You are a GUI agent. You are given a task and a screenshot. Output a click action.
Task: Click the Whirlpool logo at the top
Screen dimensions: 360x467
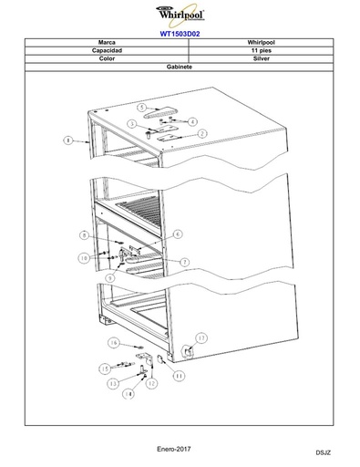(x=180, y=15)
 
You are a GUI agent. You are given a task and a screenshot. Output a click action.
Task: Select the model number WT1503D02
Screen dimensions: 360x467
(x=180, y=34)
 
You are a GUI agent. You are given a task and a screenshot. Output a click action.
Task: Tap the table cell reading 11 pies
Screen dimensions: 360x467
(x=261, y=50)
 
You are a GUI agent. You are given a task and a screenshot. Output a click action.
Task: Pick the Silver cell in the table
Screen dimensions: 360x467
(x=261, y=58)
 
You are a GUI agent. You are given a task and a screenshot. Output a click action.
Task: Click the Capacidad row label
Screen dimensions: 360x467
(x=107, y=50)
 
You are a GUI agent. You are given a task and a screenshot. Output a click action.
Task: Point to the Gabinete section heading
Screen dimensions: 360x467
(x=180, y=67)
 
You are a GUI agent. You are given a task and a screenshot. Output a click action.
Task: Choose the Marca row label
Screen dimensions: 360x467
(x=107, y=42)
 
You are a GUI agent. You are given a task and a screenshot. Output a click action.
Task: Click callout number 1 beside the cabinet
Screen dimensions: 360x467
(x=68, y=140)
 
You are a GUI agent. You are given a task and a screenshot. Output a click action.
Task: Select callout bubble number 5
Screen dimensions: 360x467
(x=141, y=108)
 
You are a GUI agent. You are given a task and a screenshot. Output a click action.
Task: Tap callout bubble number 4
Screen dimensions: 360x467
(x=192, y=122)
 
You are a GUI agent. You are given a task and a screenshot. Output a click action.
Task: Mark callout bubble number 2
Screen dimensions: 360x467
(x=202, y=133)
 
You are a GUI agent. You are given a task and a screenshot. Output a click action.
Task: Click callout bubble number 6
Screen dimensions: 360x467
(x=178, y=234)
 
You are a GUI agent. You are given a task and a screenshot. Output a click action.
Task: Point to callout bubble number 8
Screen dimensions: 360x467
(x=85, y=235)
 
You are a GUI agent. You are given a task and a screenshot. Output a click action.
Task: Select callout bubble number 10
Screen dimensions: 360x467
(x=84, y=258)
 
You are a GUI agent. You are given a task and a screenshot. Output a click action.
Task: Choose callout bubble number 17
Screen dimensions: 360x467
(x=201, y=337)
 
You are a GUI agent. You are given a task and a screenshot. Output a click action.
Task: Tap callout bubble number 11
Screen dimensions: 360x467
(x=179, y=376)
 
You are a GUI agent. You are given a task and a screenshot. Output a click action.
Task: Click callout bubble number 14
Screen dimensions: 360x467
(x=129, y=394)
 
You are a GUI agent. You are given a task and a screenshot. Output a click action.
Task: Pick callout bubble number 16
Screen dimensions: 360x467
(x=113, y=343)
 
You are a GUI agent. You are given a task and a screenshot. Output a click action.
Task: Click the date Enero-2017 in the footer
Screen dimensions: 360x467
(x=174, y=449)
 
